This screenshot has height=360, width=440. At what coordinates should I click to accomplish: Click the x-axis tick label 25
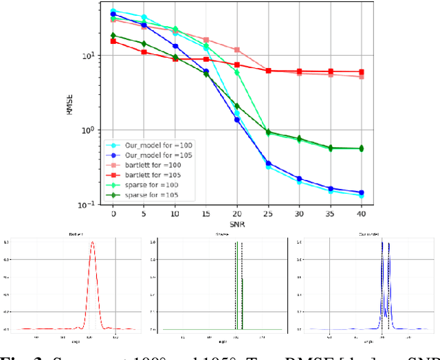268,214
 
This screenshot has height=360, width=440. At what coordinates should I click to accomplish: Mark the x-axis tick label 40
361,214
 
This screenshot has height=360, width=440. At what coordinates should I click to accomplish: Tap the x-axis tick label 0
113,214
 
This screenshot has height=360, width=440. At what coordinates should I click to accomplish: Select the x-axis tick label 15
206,214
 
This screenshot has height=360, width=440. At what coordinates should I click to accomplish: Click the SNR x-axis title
237,224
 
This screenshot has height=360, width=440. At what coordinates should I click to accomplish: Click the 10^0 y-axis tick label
94,130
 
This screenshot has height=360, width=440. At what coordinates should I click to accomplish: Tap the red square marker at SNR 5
144,52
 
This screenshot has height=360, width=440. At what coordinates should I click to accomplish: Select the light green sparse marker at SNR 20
237,72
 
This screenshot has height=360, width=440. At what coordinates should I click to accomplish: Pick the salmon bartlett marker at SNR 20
237,50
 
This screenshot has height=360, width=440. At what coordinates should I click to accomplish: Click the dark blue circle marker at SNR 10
175,46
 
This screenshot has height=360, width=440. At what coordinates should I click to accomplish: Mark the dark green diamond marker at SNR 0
113,36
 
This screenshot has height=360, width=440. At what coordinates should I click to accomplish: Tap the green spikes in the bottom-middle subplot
238,275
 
